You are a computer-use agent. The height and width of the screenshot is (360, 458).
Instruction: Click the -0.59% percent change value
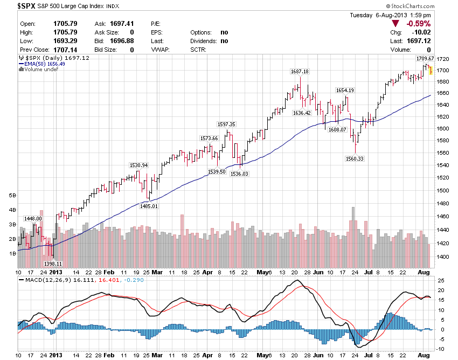(418, 24)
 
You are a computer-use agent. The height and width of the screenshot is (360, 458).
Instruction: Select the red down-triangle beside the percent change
(396, 24)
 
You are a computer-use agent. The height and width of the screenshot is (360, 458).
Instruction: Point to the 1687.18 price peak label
(300, 72)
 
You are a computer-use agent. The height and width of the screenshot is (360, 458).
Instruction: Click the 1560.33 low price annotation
(355, 158)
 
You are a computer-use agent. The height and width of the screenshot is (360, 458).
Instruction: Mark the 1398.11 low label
(53, 264)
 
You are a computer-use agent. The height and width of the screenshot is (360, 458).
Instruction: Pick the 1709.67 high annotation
(425, 58)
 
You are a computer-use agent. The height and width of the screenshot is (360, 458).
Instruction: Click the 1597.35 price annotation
(227, 124)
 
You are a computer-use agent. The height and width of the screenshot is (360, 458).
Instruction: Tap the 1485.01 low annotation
(149, 206)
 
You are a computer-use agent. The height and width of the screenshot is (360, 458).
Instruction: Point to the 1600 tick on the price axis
(443, 129)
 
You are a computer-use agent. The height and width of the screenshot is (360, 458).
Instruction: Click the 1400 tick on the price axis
(443, 257)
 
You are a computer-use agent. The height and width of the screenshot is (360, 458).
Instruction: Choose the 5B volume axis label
(12, 195)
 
